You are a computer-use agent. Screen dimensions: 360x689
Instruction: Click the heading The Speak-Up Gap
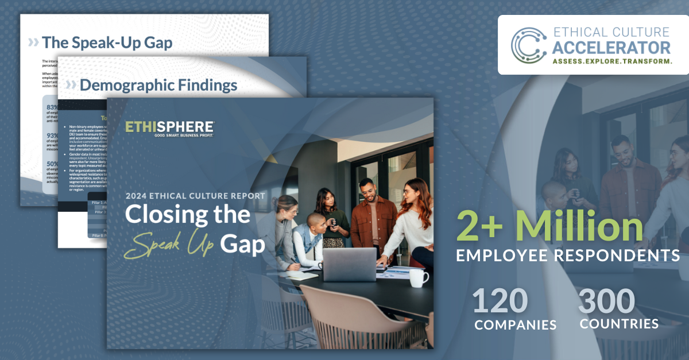[x=106, y=42]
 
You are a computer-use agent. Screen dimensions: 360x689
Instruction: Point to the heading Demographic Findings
[x=158, y=85]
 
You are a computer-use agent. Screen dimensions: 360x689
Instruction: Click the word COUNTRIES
[x=619, y=324]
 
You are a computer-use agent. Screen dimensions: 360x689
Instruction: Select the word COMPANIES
[x=515, y=324]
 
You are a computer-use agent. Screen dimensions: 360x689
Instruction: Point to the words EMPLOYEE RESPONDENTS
[x=568, y=254]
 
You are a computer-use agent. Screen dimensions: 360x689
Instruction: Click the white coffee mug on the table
[x=419, y=278]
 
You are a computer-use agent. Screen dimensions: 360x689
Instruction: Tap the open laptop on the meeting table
[x=349, y=265]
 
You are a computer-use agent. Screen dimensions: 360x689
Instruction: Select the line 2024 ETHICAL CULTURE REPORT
[x=195, y=196]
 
